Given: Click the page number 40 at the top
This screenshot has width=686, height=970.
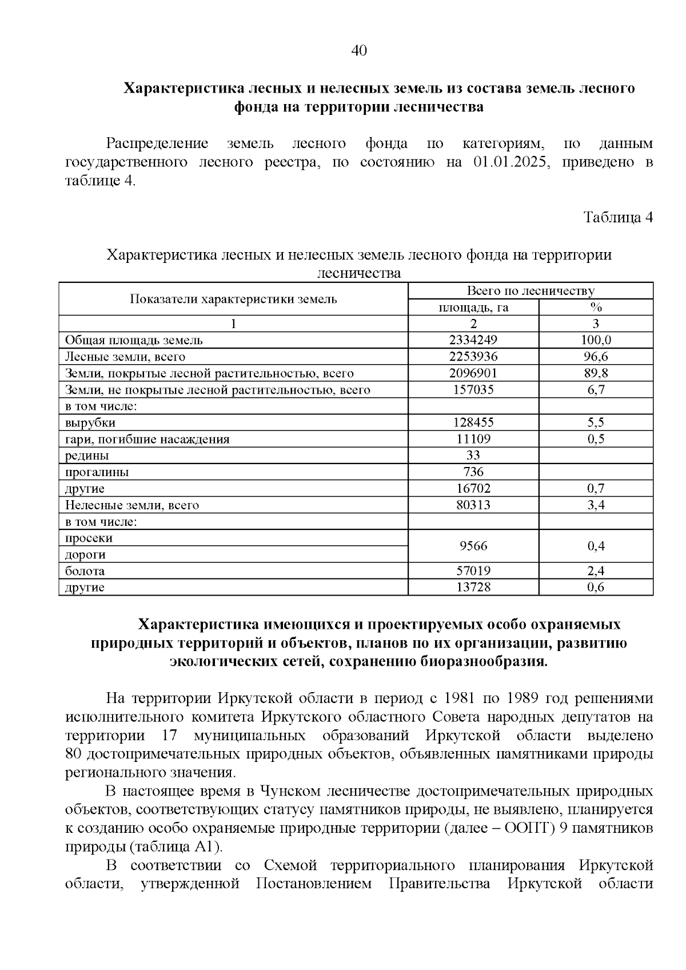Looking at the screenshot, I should point(358,51).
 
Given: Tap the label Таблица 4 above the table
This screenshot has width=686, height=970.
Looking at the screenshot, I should point(617,217).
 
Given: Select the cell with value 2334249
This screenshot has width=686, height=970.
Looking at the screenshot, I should point(473,340).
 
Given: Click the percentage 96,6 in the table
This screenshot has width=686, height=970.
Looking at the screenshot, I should point(596,357).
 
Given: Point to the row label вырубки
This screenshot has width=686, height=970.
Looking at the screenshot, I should point(90,423).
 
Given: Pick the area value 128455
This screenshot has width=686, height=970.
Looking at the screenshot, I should point(473,423).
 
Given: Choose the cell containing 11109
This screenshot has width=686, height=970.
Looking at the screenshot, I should point(473,440).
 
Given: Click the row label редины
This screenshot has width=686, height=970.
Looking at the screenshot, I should point(87,456).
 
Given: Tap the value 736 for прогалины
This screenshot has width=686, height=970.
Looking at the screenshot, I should point(473,472).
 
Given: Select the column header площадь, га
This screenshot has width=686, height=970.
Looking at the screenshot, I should point(473,308).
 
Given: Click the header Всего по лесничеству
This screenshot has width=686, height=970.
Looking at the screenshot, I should point(530,291).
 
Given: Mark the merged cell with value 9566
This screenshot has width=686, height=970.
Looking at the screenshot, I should point(473,546).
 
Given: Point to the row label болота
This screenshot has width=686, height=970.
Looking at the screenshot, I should point(85,571).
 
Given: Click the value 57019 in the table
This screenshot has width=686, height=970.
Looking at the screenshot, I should point(473,571).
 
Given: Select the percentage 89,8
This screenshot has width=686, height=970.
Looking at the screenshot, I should point(596,373).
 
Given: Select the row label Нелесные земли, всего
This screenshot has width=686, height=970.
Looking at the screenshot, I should point(131,505).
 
